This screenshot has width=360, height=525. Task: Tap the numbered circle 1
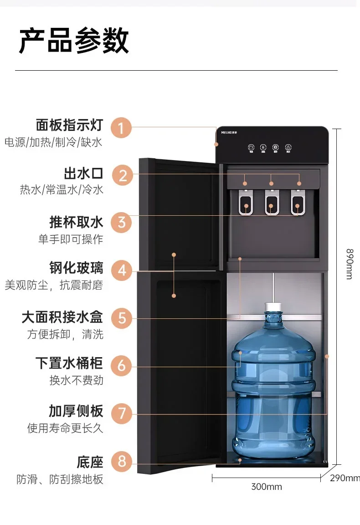coord(121,128)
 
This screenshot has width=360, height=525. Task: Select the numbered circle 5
coord(122,318)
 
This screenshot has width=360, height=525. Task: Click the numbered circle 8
coord(122,461)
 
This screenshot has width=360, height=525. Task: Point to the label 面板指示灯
coord(70,125)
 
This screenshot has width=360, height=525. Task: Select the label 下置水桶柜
coord(69,363)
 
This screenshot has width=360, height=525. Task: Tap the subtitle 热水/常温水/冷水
coord(62,190)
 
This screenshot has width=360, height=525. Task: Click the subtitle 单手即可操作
coord(71,239)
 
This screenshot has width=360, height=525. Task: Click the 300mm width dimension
coord(267,487)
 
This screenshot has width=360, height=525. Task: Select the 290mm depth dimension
coord(345,478)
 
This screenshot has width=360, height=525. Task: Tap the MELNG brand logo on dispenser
coord(229,132)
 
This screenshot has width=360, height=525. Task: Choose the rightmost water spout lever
coord(298,203)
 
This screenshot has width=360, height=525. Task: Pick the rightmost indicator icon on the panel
coord(288,148)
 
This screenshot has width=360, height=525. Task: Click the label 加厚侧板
coord(76,411)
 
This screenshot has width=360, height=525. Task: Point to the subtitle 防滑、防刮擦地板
coord(60,479)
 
